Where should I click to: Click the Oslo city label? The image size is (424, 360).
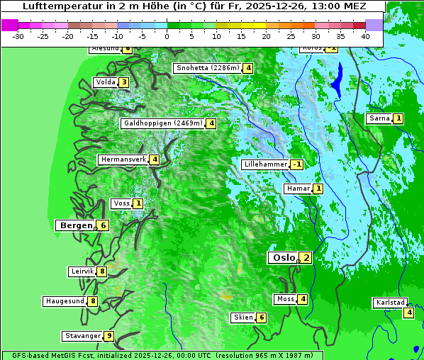[x=283, y=258]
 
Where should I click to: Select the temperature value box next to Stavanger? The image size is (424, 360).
[x=108, y=336]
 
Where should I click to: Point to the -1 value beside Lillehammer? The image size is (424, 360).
[x=296, y=164]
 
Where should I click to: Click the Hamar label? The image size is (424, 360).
[x=297, y=189]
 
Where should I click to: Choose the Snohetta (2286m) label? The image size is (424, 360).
[x=207, y=68]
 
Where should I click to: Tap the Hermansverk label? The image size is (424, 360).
[x=123, y=159]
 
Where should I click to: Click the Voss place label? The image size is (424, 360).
[x=121, y=203]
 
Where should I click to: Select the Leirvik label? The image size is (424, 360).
[x=82, y=271]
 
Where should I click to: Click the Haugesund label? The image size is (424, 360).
[x=65, y=301]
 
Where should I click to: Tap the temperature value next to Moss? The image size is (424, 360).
[x=303, y=299]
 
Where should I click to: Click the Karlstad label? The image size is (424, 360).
[x=391, y=303]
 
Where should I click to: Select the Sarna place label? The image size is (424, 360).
[x=379, y=118]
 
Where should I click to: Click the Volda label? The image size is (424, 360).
[x=106, y=82]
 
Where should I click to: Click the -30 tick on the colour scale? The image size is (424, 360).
[x=18, y=35]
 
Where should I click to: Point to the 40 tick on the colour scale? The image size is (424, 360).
[x=365, y=35]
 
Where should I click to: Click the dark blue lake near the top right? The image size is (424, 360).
[x=336, y=80]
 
